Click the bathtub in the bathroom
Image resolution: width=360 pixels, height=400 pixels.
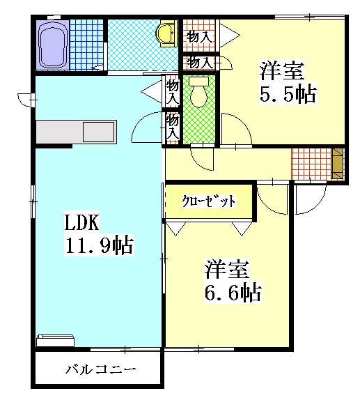click(52, 44)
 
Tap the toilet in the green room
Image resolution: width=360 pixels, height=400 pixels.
click(199, 94)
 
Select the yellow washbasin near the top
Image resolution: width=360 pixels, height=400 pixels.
click(166, 32)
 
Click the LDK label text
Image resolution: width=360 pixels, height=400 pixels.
click(83, 222)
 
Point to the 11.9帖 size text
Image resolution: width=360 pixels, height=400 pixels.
click(99, 245)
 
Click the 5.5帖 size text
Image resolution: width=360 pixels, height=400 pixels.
click(288, 94)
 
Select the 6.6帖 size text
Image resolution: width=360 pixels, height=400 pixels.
click(233, 292)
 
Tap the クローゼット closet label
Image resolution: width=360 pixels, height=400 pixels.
click(209, 201)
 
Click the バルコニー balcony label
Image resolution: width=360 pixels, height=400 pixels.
click(100, 370)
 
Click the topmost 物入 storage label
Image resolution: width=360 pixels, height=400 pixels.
click(201, 36)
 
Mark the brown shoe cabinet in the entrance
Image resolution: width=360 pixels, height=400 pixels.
click(338, 165)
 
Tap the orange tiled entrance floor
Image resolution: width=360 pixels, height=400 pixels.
click(311, 164)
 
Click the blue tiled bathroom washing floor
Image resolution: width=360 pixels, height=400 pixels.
click(85, 44)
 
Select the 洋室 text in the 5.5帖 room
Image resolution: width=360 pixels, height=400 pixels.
click(282, 70)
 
